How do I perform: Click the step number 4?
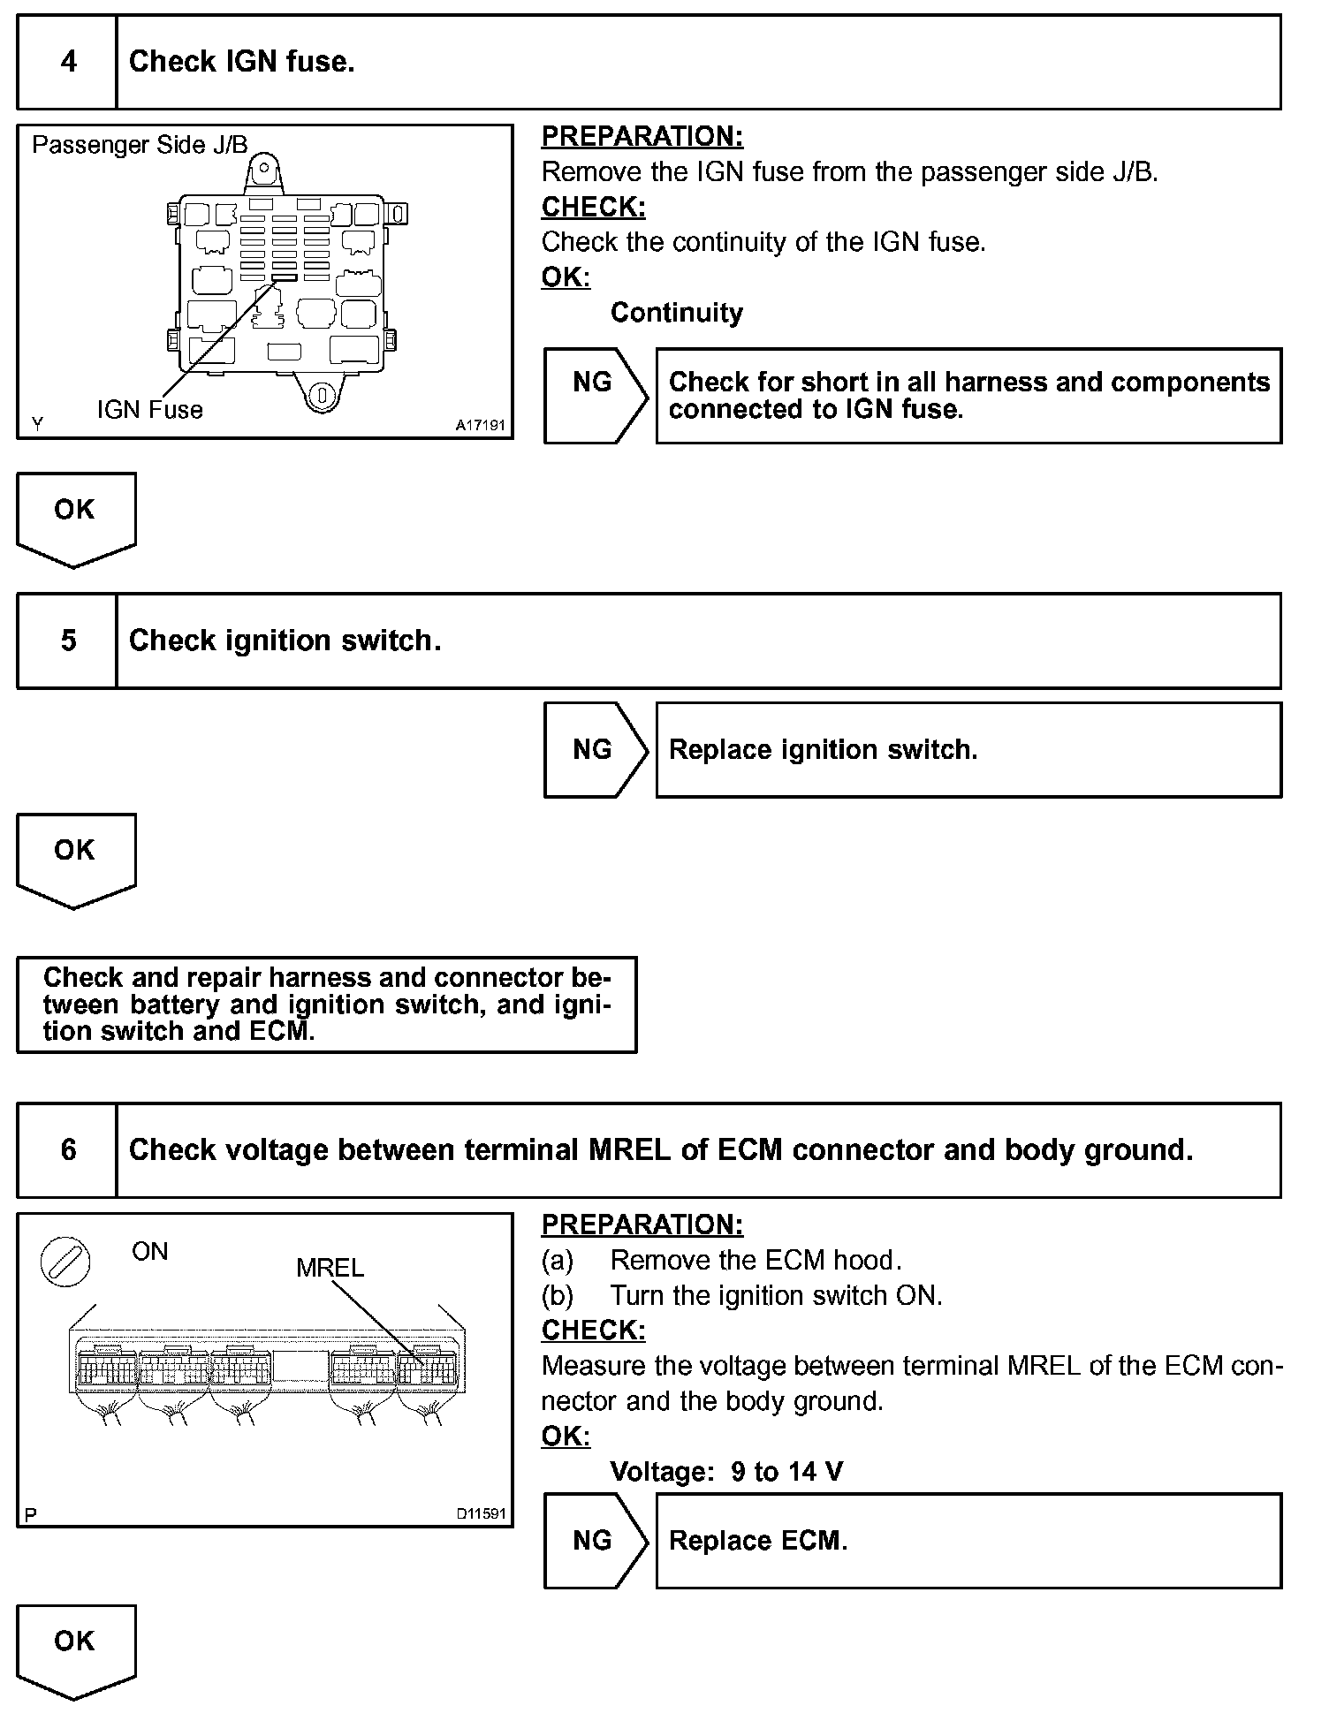pos(68,62)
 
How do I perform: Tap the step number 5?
pos(68,641)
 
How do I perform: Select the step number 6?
pos(68,1149)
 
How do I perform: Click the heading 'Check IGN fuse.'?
pos(241,62)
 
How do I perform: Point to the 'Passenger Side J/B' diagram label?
pos(140,145)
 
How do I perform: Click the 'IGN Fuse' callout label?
pos(149,410)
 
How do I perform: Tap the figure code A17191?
pos(480,426)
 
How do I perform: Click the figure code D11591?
pos(481,1514)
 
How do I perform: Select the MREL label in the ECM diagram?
pos(330,1268)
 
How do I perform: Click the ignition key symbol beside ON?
pos(66,1261)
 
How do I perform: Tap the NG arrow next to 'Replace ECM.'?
pos(594,1541)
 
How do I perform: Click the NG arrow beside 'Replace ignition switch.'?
pos(594,750)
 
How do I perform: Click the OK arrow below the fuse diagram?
pos(75,517)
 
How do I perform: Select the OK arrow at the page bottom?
pos(75,1649)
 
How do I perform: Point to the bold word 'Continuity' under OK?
pos(676,313)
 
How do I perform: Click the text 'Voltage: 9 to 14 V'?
pos(726,1472)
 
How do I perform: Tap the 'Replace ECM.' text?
pos(757,1541)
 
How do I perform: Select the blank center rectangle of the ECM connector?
pos(300,1366)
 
